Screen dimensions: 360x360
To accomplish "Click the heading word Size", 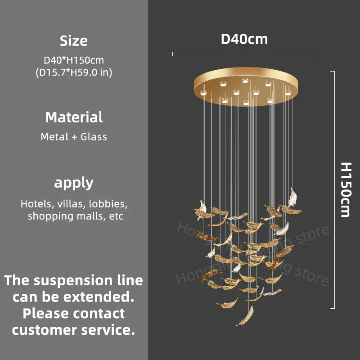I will (74, 41).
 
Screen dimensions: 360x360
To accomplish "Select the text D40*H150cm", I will (74, 59).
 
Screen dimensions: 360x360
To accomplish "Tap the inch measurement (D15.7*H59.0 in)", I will (74, 72).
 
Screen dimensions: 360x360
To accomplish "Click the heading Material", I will (74, 117).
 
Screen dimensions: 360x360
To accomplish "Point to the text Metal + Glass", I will (74, 137).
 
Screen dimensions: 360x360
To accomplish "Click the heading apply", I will (74, 183).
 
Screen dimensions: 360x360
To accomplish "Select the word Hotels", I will (36, 204).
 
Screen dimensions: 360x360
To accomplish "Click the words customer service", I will (73, 330).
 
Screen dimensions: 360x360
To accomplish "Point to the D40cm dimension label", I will (244, 39).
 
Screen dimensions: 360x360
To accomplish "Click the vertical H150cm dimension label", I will (345, 189).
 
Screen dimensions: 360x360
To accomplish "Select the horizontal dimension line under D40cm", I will (244, 54).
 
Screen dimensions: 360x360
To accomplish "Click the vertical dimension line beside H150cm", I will (333, 189).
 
